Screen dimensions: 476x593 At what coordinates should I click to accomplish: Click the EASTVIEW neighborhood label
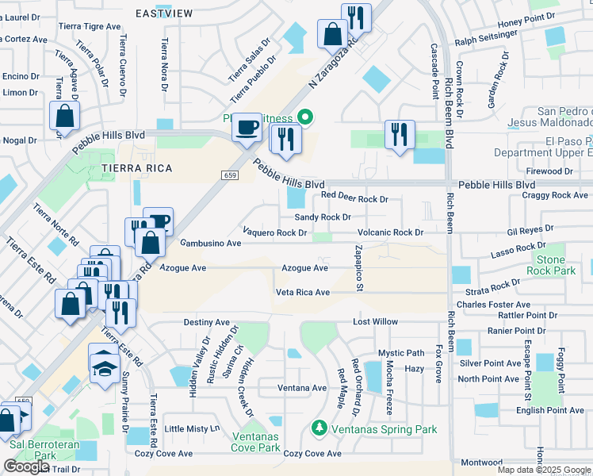(x=165, y=13)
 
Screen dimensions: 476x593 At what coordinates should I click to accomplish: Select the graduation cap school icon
(x=105, y=365)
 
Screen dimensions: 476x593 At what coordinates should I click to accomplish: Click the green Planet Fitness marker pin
(x=304, y=119)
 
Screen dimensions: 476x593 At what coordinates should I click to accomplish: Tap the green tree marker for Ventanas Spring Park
(x=319, y=428)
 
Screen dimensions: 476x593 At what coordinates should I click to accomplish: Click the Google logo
(x=26, y=466)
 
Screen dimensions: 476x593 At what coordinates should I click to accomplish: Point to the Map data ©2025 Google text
(x=544, y=470)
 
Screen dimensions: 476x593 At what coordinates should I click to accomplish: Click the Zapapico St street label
(x=358, y=267)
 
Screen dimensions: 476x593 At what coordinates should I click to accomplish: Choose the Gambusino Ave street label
(x=210, y=244)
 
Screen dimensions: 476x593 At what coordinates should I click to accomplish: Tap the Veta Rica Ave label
(x=302, y=292)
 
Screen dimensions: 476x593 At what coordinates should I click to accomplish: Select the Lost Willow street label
(x=375, y=322)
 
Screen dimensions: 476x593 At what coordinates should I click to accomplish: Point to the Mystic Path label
(x=400, y=353)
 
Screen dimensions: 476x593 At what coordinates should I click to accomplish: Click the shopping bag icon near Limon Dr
(x=64, y=116)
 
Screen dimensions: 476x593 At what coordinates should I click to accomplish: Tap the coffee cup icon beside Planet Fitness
(x=247, y=127)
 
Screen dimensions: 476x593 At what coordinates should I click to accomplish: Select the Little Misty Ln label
(x=192, y=428)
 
